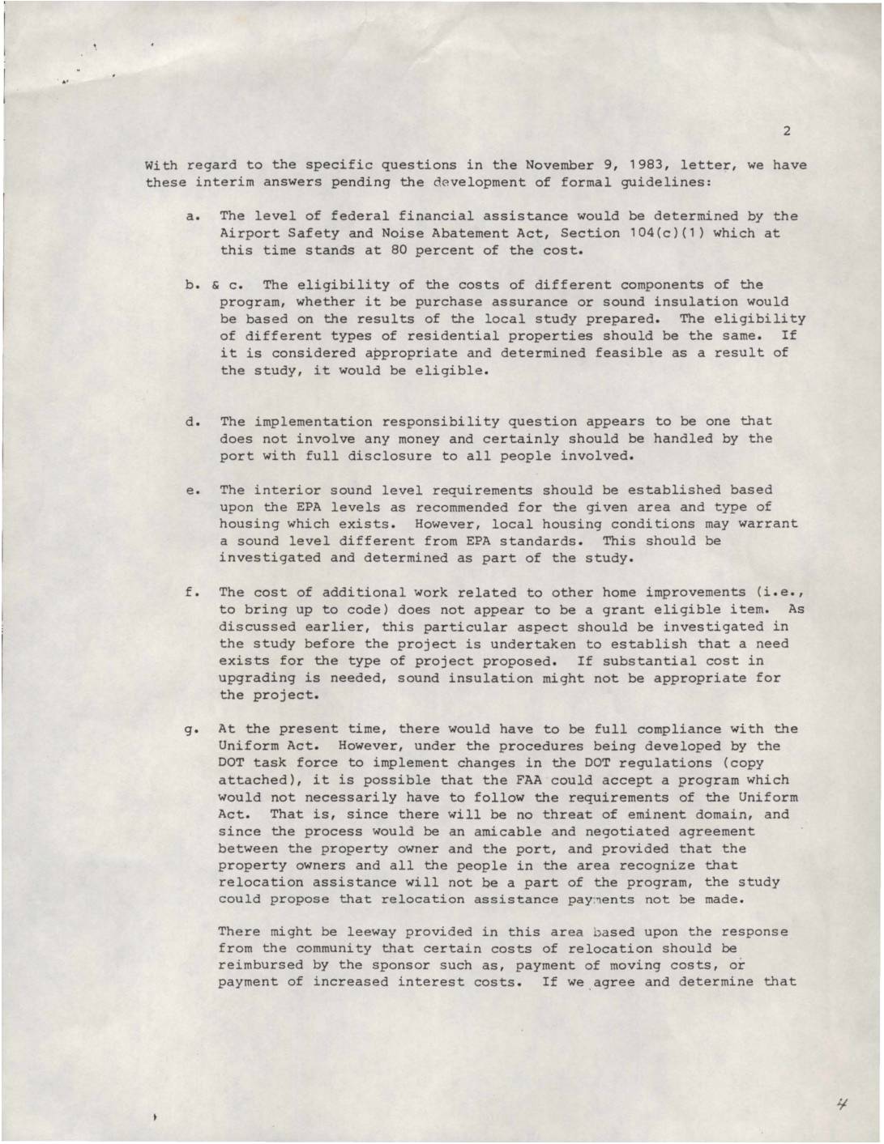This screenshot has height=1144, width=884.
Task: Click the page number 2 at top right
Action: coord(786,131)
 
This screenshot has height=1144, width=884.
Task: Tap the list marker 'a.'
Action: coord(194,216)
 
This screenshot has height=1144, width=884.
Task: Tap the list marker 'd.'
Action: coord(194,422)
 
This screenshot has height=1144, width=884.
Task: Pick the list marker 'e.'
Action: coord(194,490)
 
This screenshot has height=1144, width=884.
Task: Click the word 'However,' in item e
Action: coord(449,524)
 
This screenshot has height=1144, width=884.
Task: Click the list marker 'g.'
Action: coord(194,729)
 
